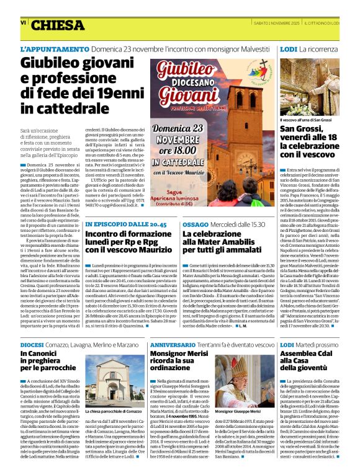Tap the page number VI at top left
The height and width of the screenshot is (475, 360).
click(x=24, y=22)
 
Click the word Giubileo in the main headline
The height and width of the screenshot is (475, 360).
click(x=52, y=64)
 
